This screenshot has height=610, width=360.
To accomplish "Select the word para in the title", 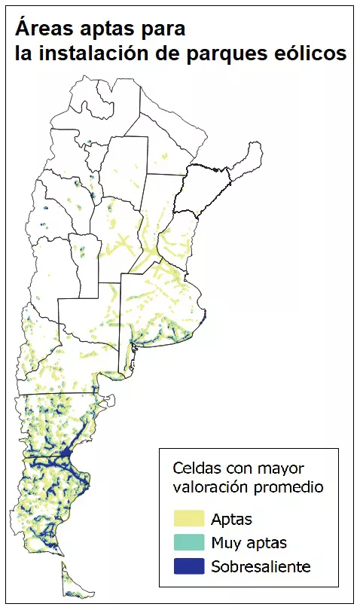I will pyautogui.click(x=161, y=31).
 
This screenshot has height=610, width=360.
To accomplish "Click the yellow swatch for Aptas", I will pyautogui.click(x=188, y=518).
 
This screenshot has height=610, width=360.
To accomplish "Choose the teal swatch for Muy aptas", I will pyautogui.click(x=188, y=542).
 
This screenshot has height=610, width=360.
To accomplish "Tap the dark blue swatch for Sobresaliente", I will pyautogui.click(x=188, y=566).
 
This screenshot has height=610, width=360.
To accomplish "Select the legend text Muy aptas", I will pyautogui.click(x=249, y=543).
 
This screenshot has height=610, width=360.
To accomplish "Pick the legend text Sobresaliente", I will pyautogui.click(x=261, y=566).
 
